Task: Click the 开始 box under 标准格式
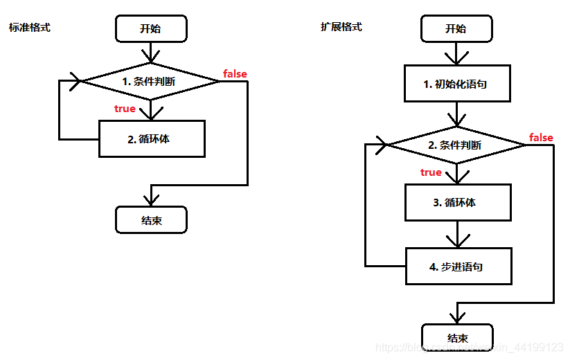[151, 28]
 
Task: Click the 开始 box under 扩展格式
[456, 28]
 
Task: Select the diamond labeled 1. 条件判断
[150, 81]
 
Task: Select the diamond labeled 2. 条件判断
[456, 145]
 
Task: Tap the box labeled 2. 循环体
[151, 138]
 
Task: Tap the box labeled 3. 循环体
[458, 203]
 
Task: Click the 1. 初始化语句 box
[458, 84]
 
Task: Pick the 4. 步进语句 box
[458, 267]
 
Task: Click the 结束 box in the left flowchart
[151, 221]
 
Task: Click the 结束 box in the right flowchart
[456, 338]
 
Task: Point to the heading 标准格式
[29, 28]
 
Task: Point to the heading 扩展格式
[341, 27]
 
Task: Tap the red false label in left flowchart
[235, 73]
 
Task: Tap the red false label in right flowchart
[541, 138]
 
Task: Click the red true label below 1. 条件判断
[125, 109]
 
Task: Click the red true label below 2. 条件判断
[431, 172]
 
